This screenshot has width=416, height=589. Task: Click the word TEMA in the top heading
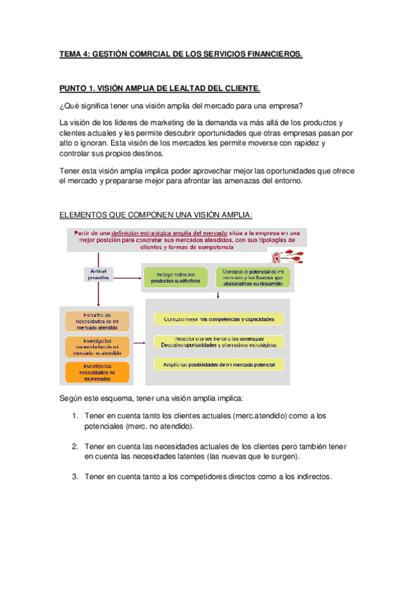[70, 53]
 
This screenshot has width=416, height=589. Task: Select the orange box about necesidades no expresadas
[97, 372]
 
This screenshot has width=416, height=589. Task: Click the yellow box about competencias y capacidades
[219, 319]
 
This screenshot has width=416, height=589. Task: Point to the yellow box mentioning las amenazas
[219, 341]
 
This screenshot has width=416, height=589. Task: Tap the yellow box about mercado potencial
[219, 364]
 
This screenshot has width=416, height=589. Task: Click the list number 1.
[75, 415]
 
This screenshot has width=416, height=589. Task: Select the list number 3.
[75, 477]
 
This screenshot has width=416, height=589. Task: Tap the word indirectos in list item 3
[310, 477]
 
